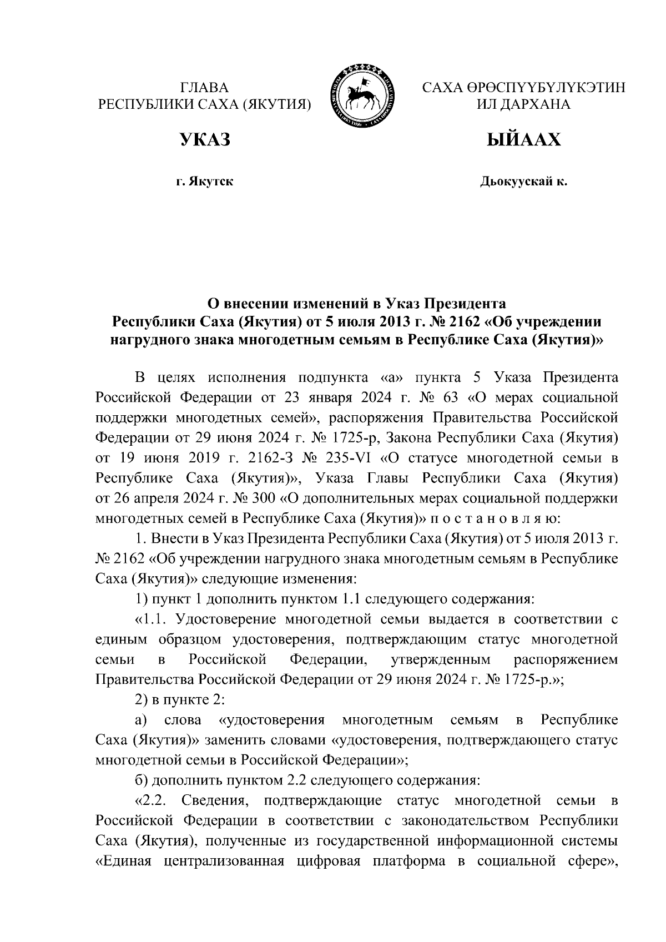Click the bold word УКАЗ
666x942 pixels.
[204, 139]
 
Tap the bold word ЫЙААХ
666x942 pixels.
[523, 139]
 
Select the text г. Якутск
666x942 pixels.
[204, 182]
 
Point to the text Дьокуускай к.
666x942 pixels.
[523, 182]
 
